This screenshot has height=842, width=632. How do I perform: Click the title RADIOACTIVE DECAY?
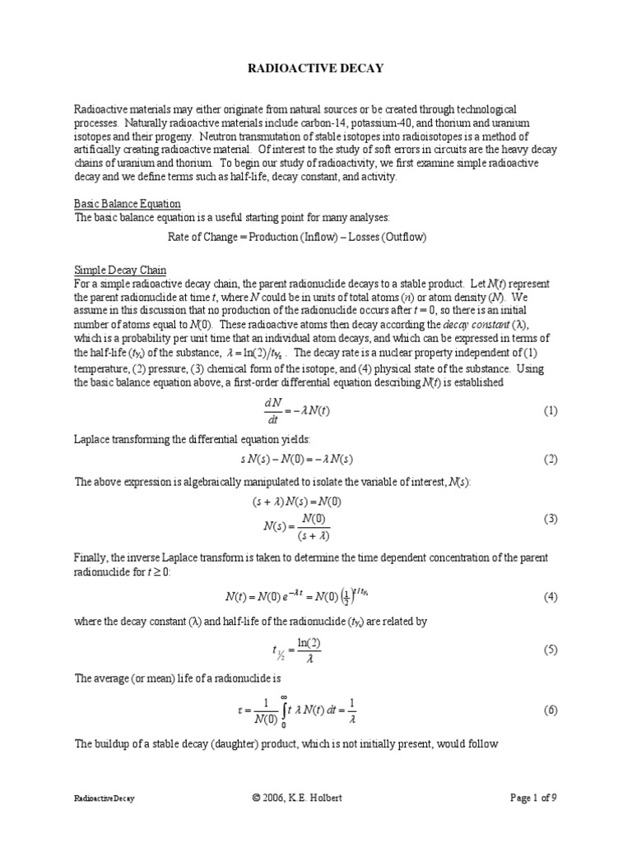pyautogui.click(x=316, y=69)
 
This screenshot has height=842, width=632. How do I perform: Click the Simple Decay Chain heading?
pyautogui.click(x=120, y=270)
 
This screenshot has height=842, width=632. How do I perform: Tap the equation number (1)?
pyautogui.click(x=551, y=410)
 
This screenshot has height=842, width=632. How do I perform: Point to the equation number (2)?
pyautogui.click(x=551, y=459)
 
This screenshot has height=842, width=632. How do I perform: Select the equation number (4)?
pyautogui.click(x=551, y=596)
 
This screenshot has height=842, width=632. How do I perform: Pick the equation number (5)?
pyautogui.click(x=551, y=650)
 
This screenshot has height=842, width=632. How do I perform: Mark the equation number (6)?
pyautogui.click(x=551, y=710)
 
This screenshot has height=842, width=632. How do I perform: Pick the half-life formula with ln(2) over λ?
pyautogui.click(x=293, y=650)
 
